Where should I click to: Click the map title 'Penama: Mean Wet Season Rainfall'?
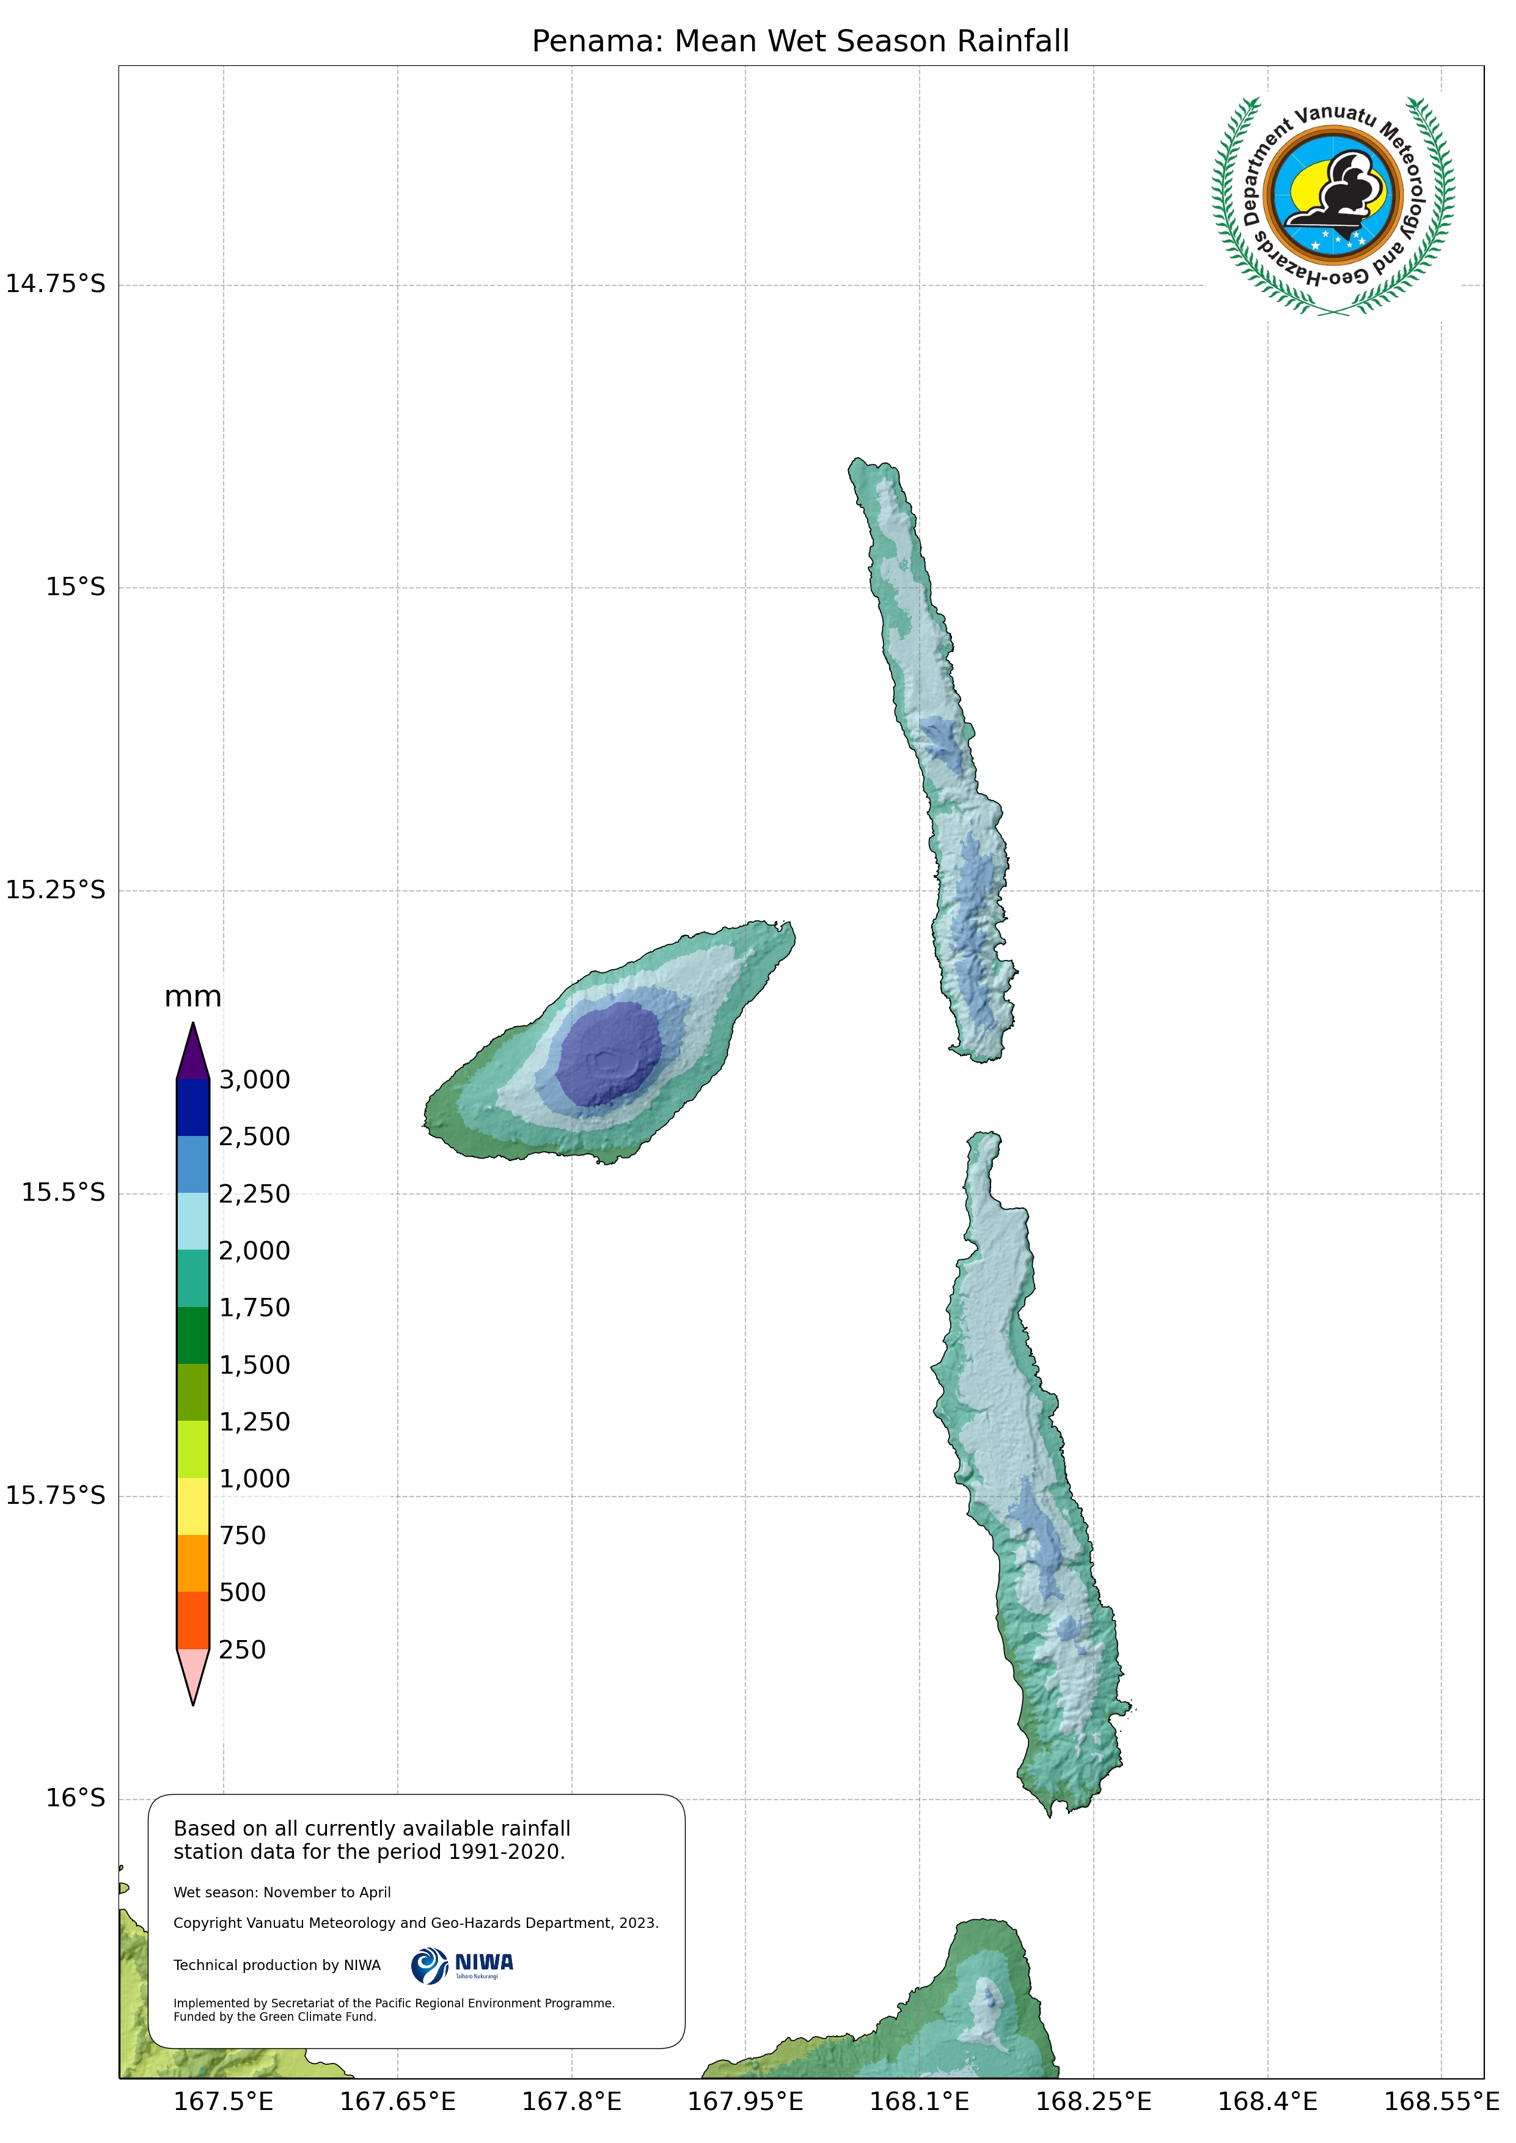pyautogui.click(x=800, y=41)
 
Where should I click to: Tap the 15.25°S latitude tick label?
pyautogui.click(x=56, y=890)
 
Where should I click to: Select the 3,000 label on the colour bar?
pyautogui.click(x=254, y=1080)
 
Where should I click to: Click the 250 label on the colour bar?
pyautogui.click(x=242, y=1649)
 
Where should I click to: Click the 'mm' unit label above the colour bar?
pyautogui.click(x=192, y=997)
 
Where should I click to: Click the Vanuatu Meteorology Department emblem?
pyautogui.click(x=1333, y=205)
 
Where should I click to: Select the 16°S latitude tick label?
pyautogui.click(x=76, y=1798)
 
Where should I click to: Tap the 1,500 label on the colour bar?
pyautogui.click(x=254, y=1365)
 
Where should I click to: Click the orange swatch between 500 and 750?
pyautogui.click(x=193, y=1563)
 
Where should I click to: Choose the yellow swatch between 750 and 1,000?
pyautogui.click(x=193, y=1506)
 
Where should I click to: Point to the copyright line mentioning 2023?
pyautogui.click(x=416, y=1923)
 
